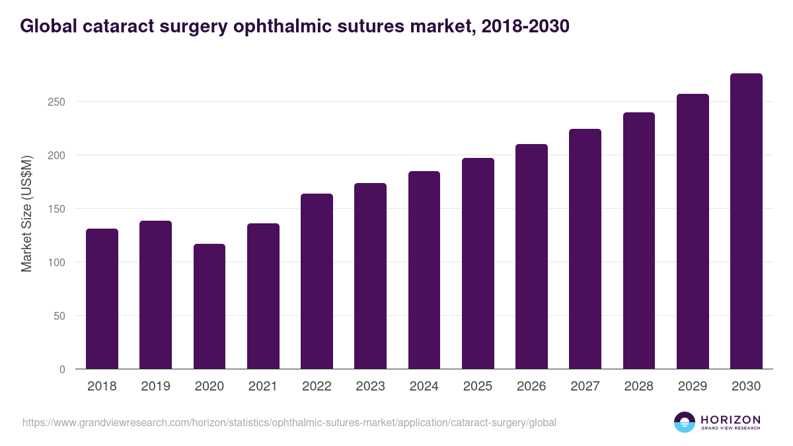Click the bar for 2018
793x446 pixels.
102,299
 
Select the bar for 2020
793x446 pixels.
209,307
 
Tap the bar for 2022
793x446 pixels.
317,281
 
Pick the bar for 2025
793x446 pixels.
478,264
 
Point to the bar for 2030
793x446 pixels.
746,221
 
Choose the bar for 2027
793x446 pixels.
585,249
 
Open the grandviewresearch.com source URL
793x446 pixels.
289,422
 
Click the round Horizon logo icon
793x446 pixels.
685,422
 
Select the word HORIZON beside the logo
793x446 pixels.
730,420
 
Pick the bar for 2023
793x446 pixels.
370,276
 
